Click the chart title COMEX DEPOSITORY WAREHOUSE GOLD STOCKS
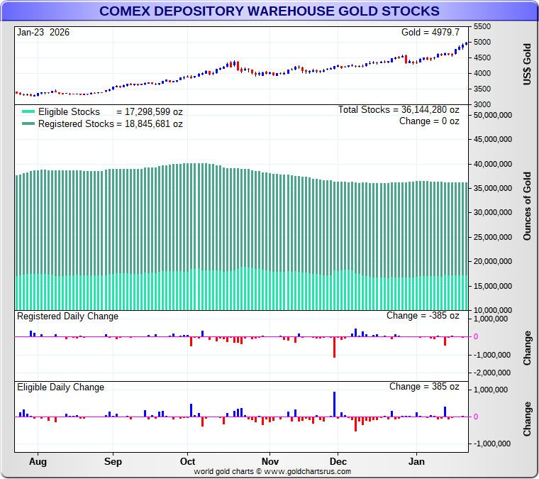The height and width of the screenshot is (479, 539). click(x=269, y=11)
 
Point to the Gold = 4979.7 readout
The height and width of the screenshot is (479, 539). click(x=430, y=33)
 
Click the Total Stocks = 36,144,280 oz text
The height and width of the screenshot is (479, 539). click(x=399, y=110)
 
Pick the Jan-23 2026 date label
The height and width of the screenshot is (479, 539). click(x=43, y=33)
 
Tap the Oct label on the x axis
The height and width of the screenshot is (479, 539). click(x=187, y=461)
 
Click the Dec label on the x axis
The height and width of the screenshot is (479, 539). click(x=338, y=461)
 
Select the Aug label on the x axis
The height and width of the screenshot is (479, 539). click(x=38, y=461)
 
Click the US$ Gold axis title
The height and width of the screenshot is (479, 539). click(x=527, y=65)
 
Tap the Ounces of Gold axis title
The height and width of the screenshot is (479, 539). click(x=527, y=207)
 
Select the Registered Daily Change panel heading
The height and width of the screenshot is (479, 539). click(x=68, y=316)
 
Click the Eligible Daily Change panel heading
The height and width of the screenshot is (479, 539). click(x=61, y=387)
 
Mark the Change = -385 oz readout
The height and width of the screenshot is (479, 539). click(x=423, y=316)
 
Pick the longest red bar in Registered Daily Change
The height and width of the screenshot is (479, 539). click(x=334, y=346)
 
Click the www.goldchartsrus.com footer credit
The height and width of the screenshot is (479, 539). click(x=272, y=471)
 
